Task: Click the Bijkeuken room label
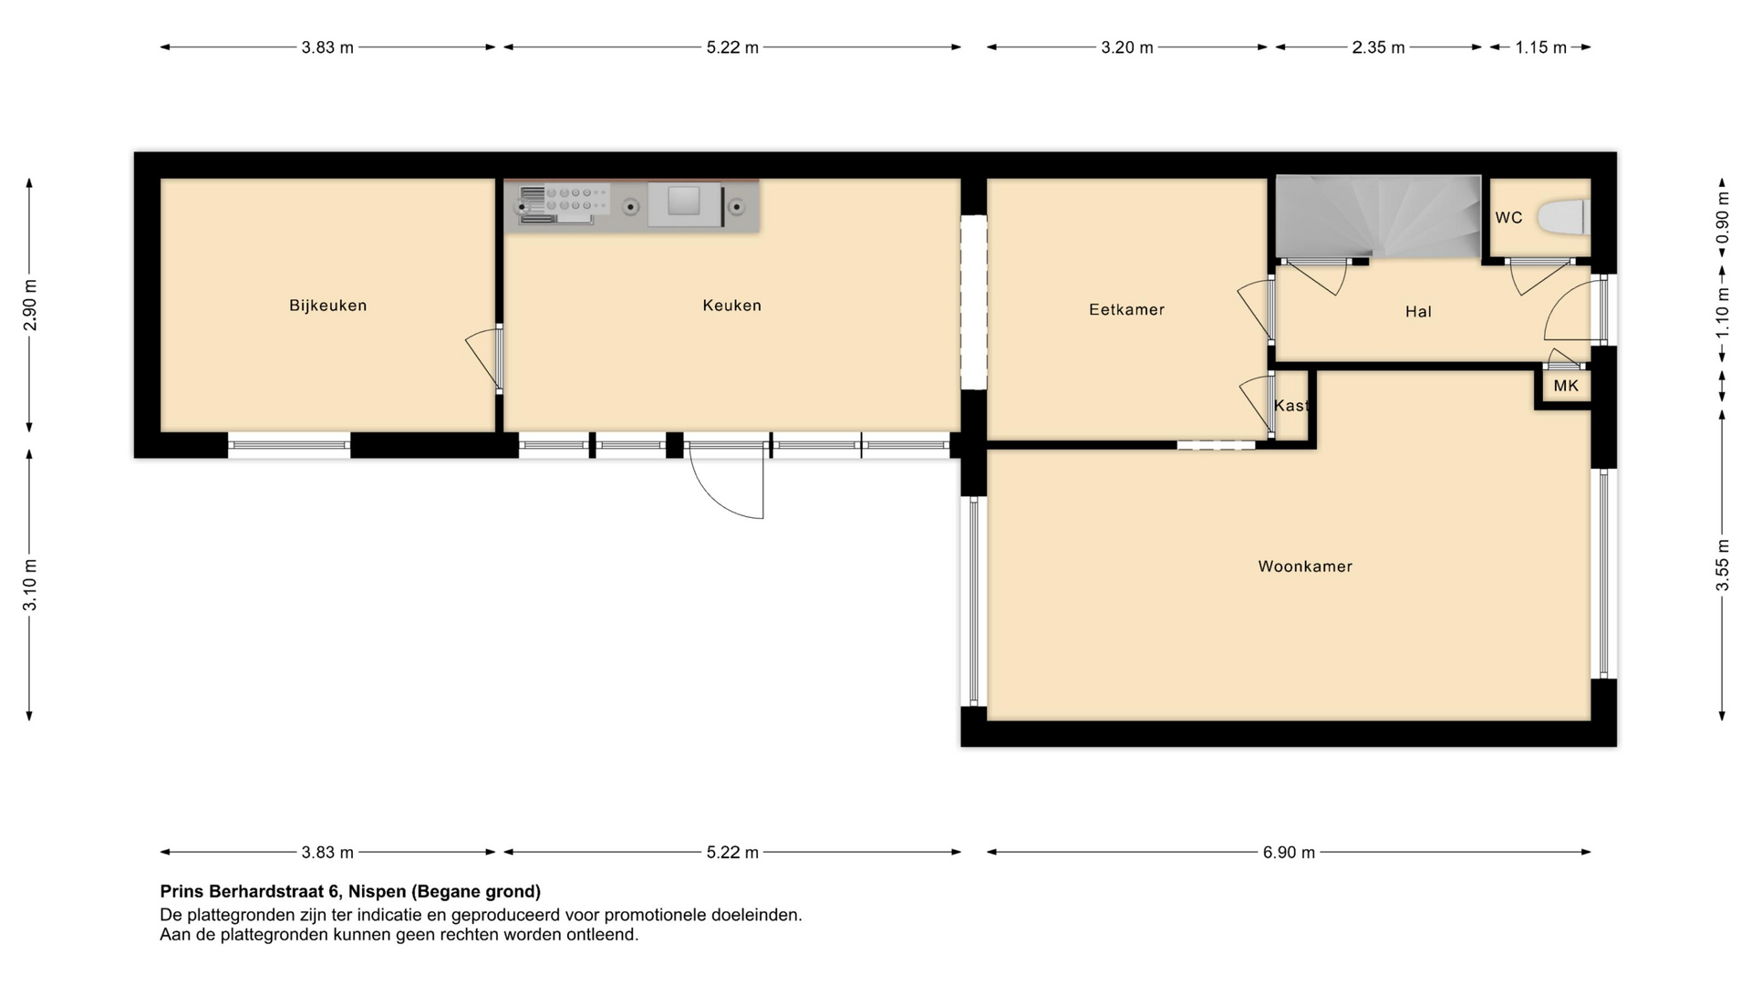pos(327,306)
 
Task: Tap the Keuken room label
pos(731,306)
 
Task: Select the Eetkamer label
pos(1126,309)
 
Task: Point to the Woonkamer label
pos(1305,566)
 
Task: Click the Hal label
pos(1418,312)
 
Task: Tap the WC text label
pos(1508,218)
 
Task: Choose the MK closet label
pos(1566,386)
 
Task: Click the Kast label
pos(1290,406)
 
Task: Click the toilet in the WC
pos(1563,218)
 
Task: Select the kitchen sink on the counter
pos(683,202)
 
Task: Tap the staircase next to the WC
pos(1377,217)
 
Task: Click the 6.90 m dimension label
pos(1289,853)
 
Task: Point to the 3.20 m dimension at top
pos(1127,47)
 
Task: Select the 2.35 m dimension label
pos(1378,47)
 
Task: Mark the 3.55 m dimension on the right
pos(1723,565)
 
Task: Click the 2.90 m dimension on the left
pos(30,305)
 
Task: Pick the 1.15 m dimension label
pos(1541,47)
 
